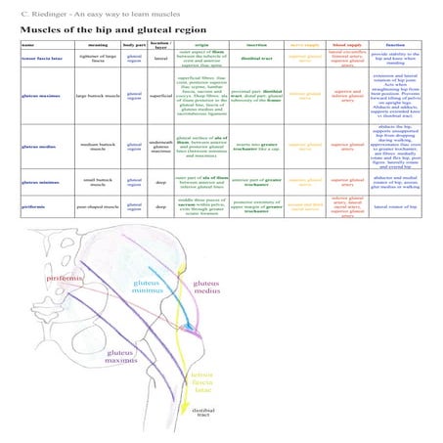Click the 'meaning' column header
click(96, 46)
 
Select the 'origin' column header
click(201, 46)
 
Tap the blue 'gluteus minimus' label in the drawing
click(149, 286)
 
